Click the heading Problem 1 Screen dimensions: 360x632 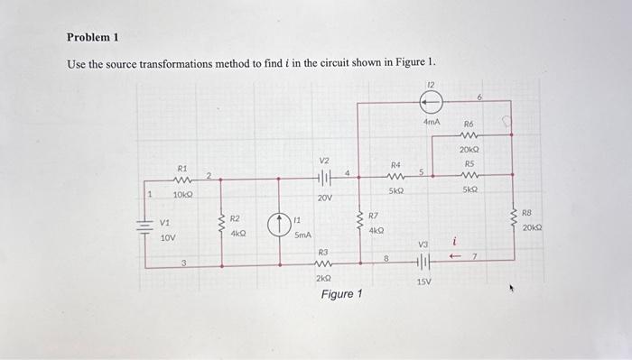[x=93, y=38]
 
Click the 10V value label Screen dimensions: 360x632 [x=168, y=239]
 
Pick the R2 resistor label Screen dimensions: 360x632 [x=234, y=218]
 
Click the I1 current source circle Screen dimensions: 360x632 [x=280, y=225]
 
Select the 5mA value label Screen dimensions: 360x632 [x=303, y=235]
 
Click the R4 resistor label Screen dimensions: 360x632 [x=395, y=165]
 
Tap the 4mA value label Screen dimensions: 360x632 [x=432, y=121]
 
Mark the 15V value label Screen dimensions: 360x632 [x=423, y=282]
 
